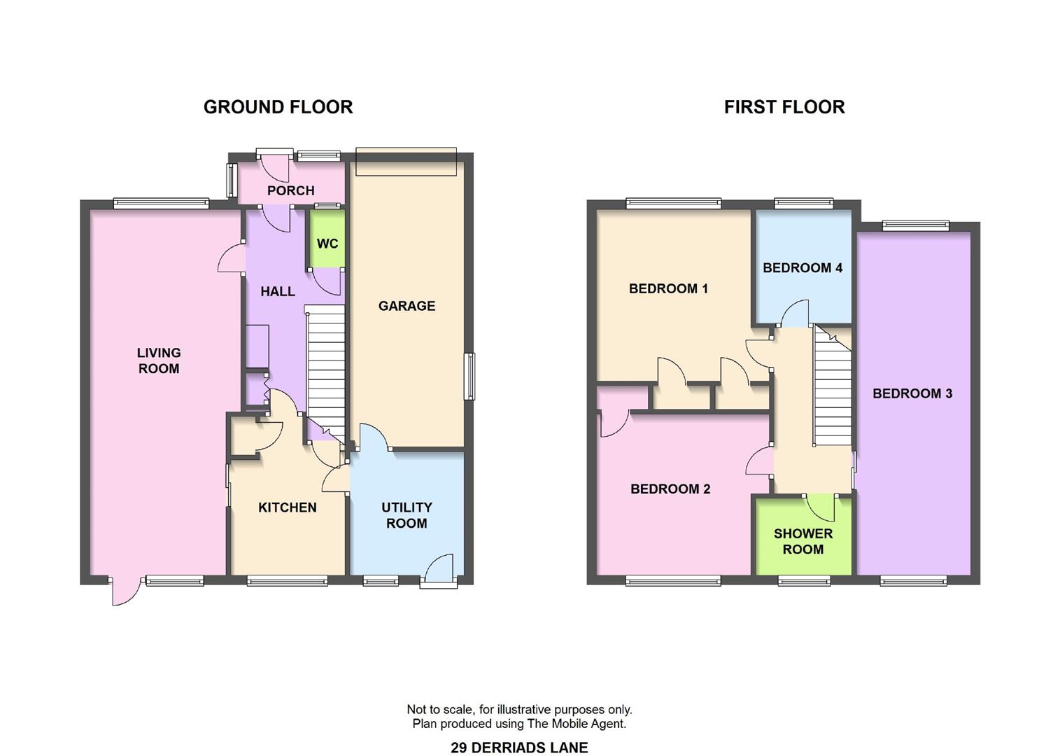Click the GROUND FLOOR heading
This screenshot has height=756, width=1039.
tap(278, 107)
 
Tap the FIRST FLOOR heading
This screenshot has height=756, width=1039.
tap(784, 107)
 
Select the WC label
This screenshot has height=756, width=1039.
tap(327, 244)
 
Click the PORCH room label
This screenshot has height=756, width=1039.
tap(291, 190)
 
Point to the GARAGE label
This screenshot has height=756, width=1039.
tap(407, 306)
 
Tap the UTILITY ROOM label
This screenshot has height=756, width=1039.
tap(407, 515)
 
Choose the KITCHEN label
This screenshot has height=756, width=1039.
tap(288, 507)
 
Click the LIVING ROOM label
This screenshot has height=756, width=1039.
tap(159, 360)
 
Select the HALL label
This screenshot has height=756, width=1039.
tap(278, 291)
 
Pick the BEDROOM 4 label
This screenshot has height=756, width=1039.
tap(803, 268)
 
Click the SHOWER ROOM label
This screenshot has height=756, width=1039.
tap(803, 541)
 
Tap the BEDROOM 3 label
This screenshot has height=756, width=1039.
tap(912, 393)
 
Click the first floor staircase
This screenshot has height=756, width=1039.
tap(833, 385)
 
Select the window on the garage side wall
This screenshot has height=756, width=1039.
tap(470, 377)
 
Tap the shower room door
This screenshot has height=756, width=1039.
tap(820, 507)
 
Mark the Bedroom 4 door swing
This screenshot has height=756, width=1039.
tap(795, 314)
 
